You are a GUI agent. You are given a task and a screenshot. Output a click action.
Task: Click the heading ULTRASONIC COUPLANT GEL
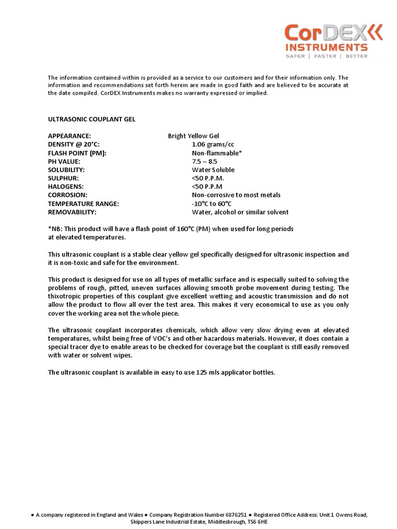(x=92, y=119)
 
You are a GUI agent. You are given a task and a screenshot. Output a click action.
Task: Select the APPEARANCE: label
(x=70, y=136)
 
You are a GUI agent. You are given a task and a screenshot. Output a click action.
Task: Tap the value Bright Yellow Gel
(x=193, y=136)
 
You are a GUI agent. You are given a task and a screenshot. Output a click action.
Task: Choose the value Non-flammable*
(x=217, y=153)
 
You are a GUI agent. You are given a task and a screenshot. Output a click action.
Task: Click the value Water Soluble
(x=213, y=169)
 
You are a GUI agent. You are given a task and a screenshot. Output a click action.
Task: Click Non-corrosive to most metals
(x=236, y=195)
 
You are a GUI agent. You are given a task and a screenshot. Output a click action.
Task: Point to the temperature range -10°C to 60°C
(x=211, y=204)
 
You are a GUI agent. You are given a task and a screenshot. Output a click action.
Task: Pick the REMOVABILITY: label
(x=72, y=212)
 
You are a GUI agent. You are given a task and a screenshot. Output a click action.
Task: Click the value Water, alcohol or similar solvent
(x=240, y=212)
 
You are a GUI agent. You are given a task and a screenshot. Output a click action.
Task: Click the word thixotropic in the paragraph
(x=65, y=296)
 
